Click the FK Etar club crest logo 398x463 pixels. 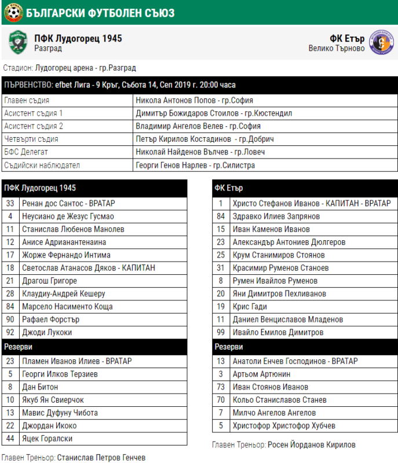381,42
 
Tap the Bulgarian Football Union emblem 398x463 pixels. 11,12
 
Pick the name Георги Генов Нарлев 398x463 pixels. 195,165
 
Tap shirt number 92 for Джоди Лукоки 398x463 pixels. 10,333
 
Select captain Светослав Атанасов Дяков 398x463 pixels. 89,268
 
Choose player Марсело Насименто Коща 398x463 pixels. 67,307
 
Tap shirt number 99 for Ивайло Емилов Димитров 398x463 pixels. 221,333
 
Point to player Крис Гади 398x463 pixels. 250,307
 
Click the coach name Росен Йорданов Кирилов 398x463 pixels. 311,445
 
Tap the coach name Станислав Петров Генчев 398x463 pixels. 101,458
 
